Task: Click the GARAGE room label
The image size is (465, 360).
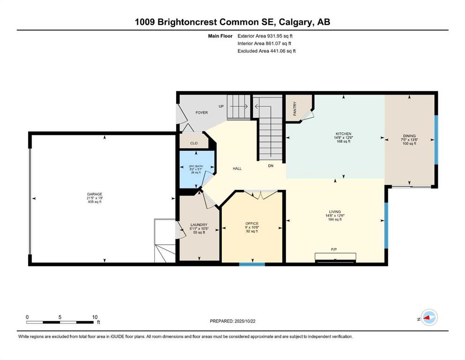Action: (x=95, y=194)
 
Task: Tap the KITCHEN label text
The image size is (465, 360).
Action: (x=343, y=134)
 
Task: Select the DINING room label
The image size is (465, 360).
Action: (x=409, y=136)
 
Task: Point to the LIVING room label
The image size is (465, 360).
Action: (x=335, y=212)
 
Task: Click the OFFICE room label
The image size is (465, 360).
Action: (x=252, y=224)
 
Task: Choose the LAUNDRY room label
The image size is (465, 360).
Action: (x=199, y=225)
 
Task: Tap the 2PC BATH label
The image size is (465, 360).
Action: (x=196, y=166)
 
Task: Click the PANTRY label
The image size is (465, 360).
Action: (x=295, y=109)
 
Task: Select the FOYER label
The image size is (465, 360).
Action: (x=202, y=113)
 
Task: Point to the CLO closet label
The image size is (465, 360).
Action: (x=194, y=143)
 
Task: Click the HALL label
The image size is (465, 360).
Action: (x=237, y=169)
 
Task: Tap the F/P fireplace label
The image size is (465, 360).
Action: (x=334, y=249)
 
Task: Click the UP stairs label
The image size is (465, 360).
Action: (x=221, y=106)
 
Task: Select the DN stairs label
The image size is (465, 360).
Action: (x=271, y=166)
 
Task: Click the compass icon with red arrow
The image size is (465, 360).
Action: (x=429, y=317)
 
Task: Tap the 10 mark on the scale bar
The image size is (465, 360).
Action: (x=95, y=317)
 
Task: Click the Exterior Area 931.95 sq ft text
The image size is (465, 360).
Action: (x=265, y=36)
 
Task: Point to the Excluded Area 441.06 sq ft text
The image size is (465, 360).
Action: (x=266, y=51)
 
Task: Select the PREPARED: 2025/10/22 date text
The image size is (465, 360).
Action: (x=232, y=321)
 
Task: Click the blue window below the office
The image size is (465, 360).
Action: (x=252, y=264)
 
